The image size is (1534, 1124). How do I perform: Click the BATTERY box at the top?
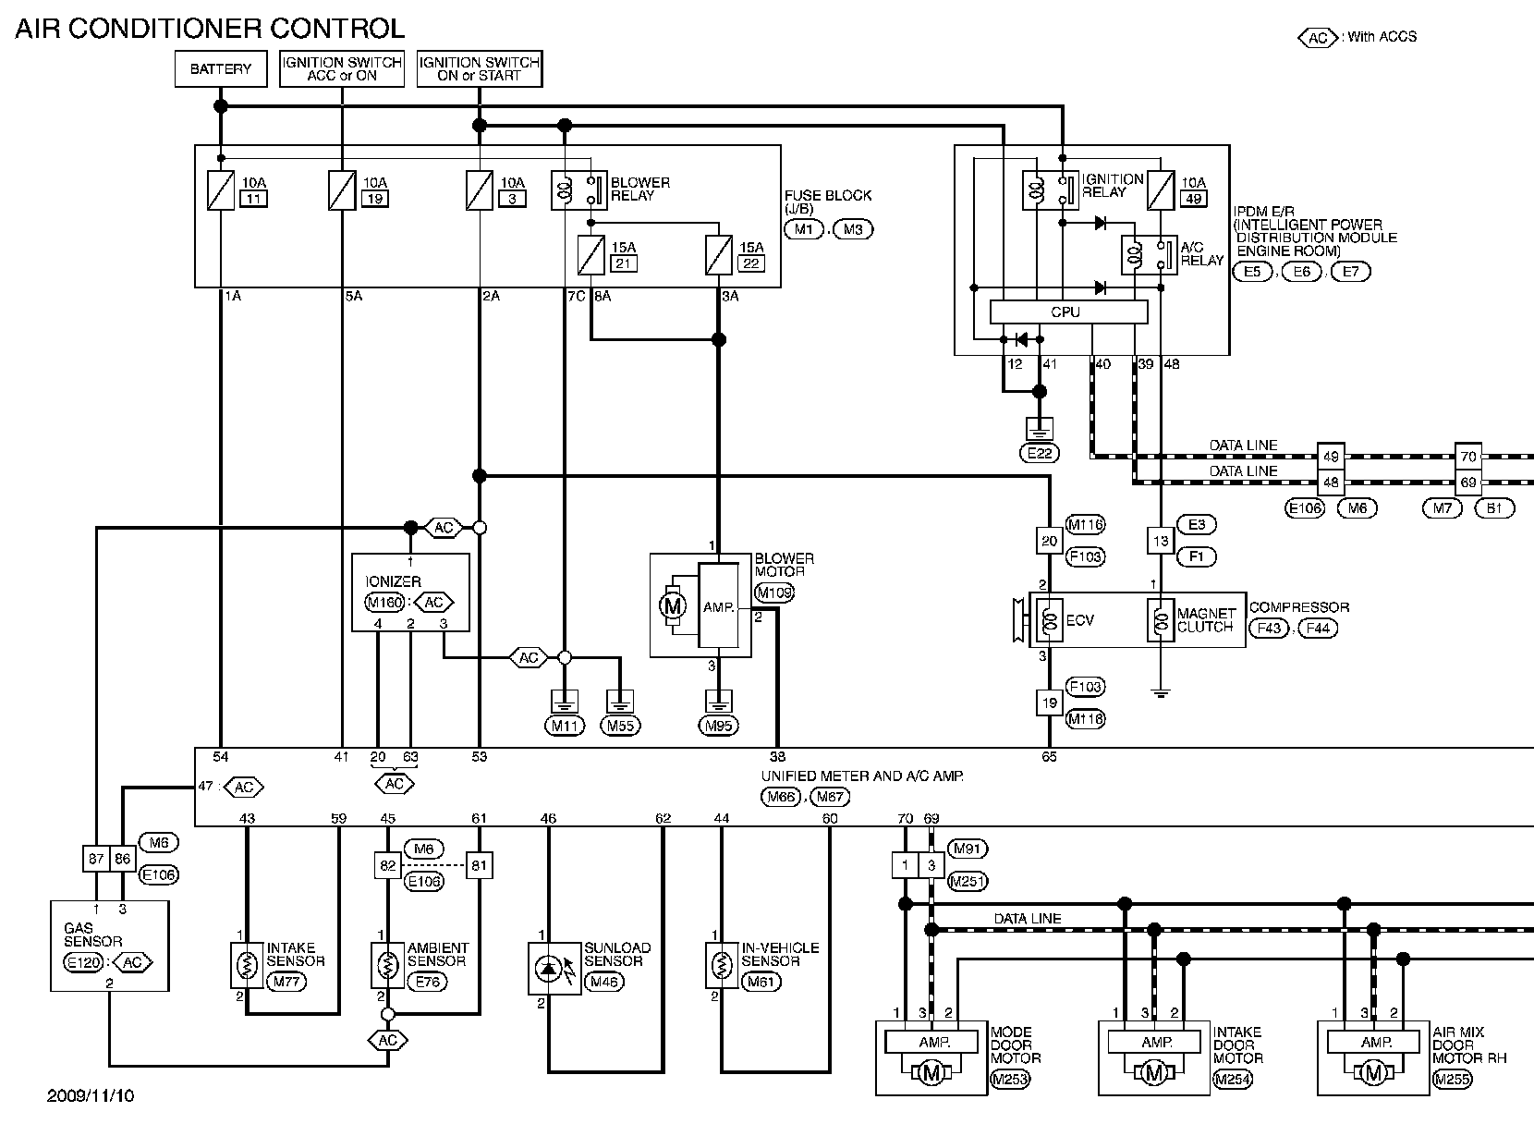221,69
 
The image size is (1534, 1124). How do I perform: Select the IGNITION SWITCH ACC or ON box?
342,68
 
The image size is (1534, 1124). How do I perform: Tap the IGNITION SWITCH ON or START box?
480,68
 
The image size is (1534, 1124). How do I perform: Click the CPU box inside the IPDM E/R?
1068,312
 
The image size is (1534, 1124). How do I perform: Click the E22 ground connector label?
1040,453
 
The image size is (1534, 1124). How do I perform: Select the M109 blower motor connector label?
774,593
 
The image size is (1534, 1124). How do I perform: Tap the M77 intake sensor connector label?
286,982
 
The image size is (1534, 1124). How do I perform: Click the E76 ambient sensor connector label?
427,982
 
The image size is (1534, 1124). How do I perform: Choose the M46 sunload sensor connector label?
604,982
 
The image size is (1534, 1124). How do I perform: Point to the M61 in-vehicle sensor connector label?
761,982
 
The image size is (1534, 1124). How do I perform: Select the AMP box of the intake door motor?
1154,1042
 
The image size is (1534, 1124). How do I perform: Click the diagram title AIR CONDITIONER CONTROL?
211,29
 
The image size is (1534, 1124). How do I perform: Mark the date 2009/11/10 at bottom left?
91,1096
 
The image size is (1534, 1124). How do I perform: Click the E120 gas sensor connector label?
83,962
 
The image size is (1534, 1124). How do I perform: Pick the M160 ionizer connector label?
384,602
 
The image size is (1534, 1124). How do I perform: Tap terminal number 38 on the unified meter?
777,757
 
